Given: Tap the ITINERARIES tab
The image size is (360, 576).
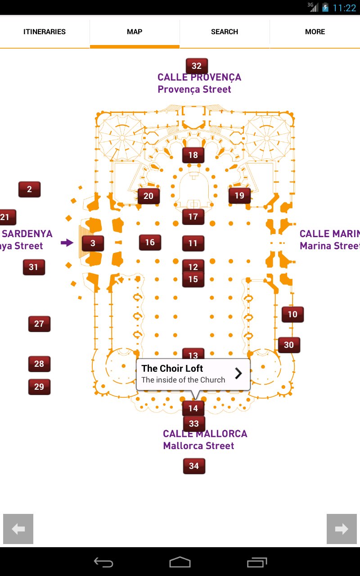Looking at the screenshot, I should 45,31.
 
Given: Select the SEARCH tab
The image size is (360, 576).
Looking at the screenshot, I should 225,31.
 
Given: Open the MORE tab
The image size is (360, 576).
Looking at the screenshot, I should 315,31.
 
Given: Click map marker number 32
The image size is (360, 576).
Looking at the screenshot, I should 197,66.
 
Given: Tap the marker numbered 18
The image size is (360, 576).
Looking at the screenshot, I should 193,155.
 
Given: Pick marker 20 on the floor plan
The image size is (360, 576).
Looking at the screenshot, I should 148,196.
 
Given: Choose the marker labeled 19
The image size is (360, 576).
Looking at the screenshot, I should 239,195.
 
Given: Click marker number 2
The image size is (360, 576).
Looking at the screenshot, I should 29,189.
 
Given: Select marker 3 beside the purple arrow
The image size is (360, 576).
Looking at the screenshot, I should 93,243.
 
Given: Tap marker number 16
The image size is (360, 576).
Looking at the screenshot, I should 150,243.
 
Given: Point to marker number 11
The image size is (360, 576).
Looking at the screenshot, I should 193,243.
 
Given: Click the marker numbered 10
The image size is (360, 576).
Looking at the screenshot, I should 292,315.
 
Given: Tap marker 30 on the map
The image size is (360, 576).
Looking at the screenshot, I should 289,345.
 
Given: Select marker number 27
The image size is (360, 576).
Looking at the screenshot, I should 39,324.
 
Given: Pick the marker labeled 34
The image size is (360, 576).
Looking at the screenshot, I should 194,466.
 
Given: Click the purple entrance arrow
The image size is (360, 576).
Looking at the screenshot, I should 67,243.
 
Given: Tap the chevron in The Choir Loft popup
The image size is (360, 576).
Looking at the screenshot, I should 238,373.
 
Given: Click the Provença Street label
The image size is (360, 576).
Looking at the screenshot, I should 194,89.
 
